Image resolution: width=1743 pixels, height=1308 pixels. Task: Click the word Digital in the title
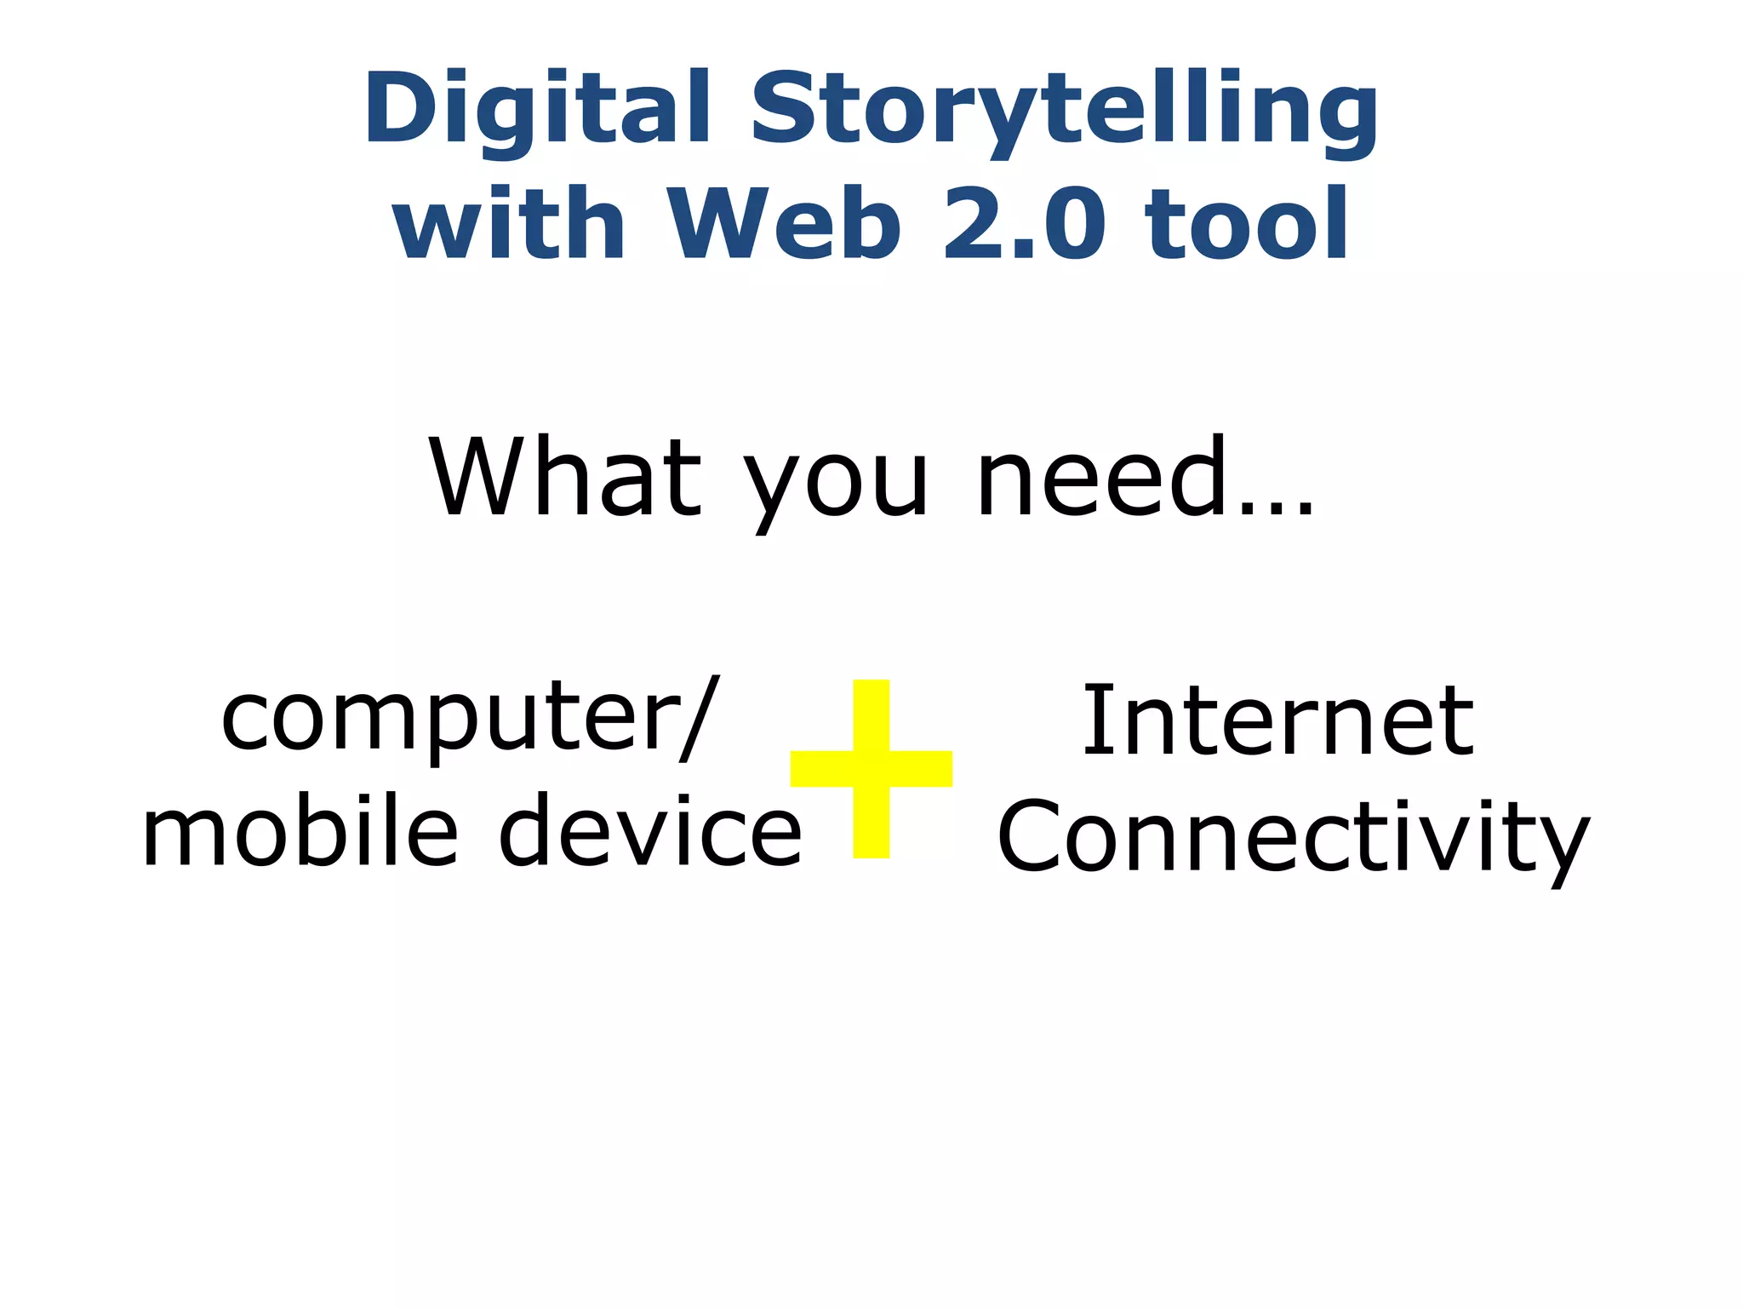point(537,109)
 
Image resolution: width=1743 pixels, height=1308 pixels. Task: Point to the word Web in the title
point(784,223)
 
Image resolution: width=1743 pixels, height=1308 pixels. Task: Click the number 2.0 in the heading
point(1025,223)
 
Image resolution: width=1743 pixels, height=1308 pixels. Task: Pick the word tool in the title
point(1247,223)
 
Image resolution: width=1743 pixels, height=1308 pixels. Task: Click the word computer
point(446,720)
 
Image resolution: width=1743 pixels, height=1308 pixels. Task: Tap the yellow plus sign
point(871,768)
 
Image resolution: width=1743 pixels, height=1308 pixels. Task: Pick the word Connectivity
point(1293,839)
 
